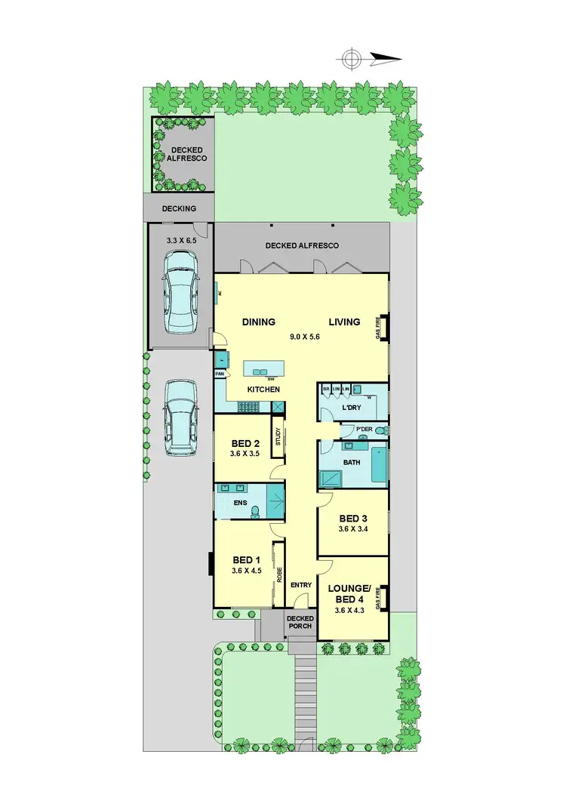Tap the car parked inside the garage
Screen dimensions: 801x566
click(x=181, y=290)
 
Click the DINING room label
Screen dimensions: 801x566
click(x=258, y=322)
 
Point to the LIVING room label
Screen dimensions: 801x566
click(x=344, y=322)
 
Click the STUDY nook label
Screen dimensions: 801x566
click(x=278, y=437)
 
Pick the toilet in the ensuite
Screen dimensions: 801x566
click(x=256, y=511)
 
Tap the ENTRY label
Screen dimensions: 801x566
click(x=301, y=585)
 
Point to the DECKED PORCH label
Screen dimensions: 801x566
click(x=300, y=623)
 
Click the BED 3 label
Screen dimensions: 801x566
click(x=353, y=519)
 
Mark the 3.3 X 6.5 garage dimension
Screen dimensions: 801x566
click(x=180, y=239)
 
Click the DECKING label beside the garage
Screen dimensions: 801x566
click(x=179, y=208)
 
